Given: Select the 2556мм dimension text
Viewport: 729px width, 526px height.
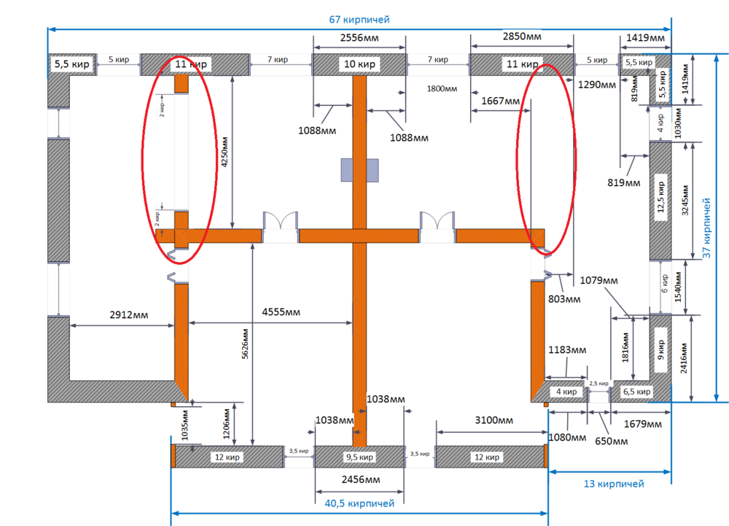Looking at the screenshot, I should click(359, 37).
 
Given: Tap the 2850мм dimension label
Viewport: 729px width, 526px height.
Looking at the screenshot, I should click(523, 36).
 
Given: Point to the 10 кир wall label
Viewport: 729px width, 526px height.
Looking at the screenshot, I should click(359, 64).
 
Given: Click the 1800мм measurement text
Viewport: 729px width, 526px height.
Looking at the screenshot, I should click(442, 89).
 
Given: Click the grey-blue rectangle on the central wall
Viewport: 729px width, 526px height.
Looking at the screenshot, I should click(360, 170).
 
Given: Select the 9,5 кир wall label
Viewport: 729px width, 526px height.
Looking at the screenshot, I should click(359, 457).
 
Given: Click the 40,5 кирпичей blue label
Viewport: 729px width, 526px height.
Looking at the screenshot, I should click(359, 503).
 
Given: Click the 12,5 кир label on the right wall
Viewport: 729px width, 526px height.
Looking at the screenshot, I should click(660, 197).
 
